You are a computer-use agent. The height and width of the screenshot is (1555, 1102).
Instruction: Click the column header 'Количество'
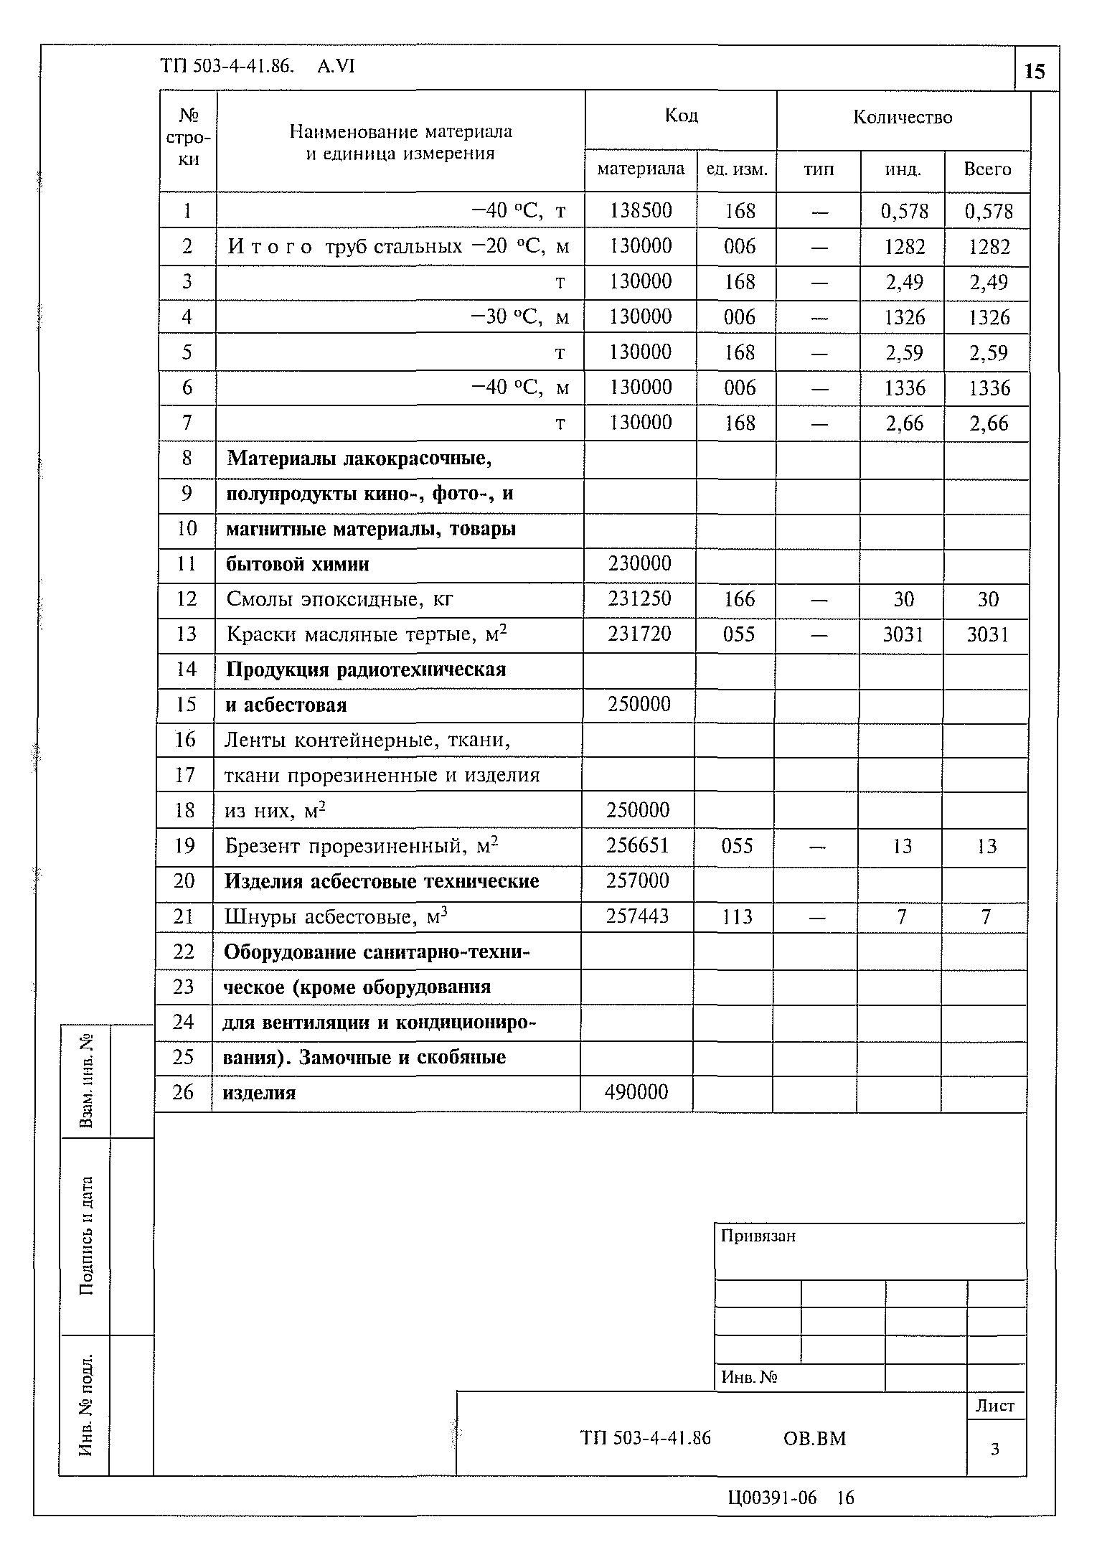(903, 117)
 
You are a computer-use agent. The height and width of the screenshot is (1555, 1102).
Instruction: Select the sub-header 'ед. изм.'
(737, 170)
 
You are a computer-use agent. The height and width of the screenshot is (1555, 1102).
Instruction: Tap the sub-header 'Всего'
(987, 169)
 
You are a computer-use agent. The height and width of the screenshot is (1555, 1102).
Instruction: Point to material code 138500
(641, 210)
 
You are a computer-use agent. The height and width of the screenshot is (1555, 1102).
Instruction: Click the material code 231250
(639, 598)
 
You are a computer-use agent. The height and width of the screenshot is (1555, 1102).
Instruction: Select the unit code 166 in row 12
(739, 599)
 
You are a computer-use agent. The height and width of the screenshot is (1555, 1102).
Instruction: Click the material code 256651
(638, 845)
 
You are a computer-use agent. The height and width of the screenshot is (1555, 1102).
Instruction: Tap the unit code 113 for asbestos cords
(738, 916)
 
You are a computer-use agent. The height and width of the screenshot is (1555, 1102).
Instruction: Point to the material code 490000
(636, 1092)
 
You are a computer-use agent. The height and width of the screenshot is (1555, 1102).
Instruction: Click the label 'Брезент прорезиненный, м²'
(361, 846)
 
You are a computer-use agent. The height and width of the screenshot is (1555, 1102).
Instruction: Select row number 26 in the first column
(184, 1092)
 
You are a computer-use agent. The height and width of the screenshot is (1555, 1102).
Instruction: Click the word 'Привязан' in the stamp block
(758, 1236)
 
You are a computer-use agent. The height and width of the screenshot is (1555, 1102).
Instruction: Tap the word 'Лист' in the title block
(995, 1406)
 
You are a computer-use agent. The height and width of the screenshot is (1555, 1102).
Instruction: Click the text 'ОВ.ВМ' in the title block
(814, 1438)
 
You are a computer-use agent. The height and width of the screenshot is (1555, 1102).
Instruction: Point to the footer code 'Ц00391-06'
(772, 1497)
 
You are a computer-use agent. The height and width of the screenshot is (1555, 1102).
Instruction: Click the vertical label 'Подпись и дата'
(86, 1235)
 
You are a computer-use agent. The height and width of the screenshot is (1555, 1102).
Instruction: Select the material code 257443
(638, 916)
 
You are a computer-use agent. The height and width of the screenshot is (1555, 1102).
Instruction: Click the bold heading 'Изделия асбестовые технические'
(382, 881)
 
